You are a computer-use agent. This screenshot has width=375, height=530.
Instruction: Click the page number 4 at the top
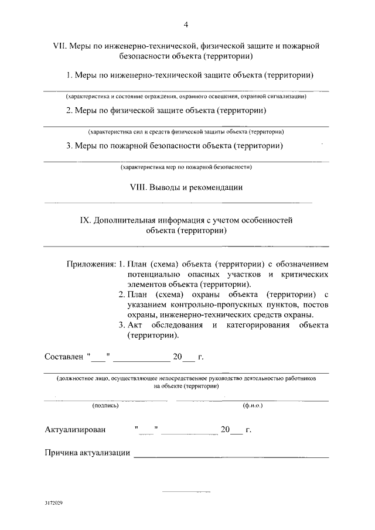186,25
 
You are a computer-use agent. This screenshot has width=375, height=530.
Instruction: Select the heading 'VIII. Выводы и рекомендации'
186,187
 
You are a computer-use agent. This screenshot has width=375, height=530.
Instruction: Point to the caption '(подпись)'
105,405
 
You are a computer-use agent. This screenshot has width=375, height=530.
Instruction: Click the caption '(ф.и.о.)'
252,405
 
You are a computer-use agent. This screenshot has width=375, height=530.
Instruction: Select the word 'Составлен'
63,356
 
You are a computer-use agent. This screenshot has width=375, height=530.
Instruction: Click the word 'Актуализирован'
76,430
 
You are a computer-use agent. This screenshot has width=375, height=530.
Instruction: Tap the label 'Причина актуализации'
87,453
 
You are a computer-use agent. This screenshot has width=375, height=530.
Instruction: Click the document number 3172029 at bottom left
53,503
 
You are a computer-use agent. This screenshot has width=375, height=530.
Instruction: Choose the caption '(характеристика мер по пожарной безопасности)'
186,167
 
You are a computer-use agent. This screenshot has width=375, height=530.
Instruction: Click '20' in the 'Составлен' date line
178,356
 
